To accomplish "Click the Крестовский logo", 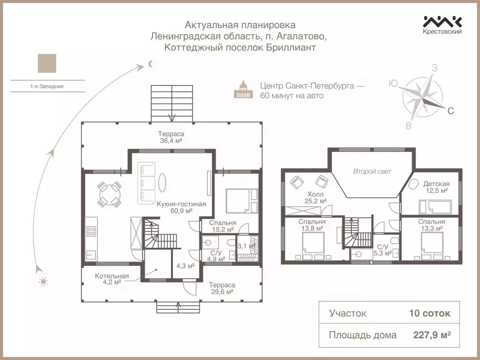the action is (x=442, y=25).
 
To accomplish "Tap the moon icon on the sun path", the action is (x=150, y=64).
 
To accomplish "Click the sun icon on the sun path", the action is (x=43, y=281).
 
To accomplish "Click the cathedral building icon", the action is (x=243, y=90).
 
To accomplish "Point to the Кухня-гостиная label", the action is (x=181, y=204).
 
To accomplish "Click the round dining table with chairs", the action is (x=109, y=194).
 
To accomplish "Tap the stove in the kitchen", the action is (x=91, y=231).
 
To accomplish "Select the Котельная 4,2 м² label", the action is (x=112, y=279).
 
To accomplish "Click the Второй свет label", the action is (x=372, y=172).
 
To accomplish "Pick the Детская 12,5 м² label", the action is (x=436, y=187).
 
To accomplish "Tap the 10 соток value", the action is (x=430, y=313).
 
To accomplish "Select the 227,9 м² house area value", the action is (x=432, y=335).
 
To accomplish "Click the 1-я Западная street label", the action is (x=47, y=86).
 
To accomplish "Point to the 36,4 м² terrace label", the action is (x=171, y=141).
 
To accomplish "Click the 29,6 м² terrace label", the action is (x=222, y=292).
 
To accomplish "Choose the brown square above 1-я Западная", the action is (x=47, y=63).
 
